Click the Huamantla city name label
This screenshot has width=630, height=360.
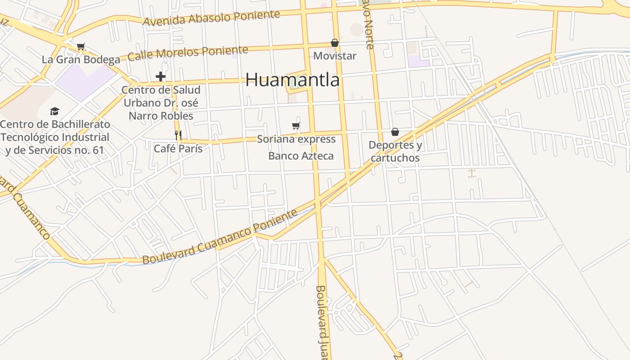(292, 80)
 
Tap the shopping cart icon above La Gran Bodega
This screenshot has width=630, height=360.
(81, 46)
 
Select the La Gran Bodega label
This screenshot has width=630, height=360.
(81, 59)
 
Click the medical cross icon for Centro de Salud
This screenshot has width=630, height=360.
(160, 76)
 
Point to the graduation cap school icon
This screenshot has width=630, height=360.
(54, 111)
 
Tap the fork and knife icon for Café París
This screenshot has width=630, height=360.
(178, 135)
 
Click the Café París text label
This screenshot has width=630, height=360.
(178, 148)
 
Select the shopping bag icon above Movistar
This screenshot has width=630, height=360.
(334, 43)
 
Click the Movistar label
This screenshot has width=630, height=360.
(334, 56)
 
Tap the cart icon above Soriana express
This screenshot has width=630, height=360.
(296, 126)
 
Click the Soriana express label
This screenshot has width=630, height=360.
(296, 139)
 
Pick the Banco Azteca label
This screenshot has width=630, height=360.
(301, 156)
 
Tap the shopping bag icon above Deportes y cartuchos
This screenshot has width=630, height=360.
(395, 132)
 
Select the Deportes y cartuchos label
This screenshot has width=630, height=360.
(395, 151)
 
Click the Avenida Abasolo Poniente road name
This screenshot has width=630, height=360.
(211, 18)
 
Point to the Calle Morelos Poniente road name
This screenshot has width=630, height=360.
(188, 53)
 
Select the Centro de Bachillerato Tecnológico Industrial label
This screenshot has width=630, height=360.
(54, 137)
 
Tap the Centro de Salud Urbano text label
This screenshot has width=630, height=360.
(161, 103)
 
